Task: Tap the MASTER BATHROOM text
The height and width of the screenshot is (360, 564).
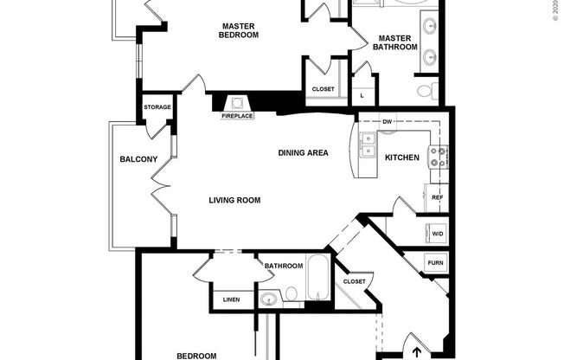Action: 395,42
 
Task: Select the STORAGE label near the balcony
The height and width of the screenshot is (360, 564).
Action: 157,107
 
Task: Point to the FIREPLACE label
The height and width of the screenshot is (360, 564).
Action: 237,116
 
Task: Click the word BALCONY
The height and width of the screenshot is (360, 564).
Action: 138,159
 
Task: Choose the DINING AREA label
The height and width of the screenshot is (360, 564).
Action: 303,153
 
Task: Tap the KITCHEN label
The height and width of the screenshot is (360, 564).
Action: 402,157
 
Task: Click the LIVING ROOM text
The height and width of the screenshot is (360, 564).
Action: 234,200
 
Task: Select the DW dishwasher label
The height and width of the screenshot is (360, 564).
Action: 387,122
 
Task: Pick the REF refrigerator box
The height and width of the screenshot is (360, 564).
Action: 437,197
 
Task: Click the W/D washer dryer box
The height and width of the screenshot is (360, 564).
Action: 436,233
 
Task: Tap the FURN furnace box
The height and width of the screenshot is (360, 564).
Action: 436,263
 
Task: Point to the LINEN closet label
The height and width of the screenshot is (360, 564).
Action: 231,299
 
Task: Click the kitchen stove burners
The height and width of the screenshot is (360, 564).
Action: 439,157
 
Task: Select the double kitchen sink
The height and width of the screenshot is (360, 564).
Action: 369,145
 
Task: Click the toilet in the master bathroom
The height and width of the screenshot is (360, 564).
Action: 425,90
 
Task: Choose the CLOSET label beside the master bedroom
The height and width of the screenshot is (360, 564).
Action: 323,88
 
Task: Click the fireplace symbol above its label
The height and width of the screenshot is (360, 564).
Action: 237,102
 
